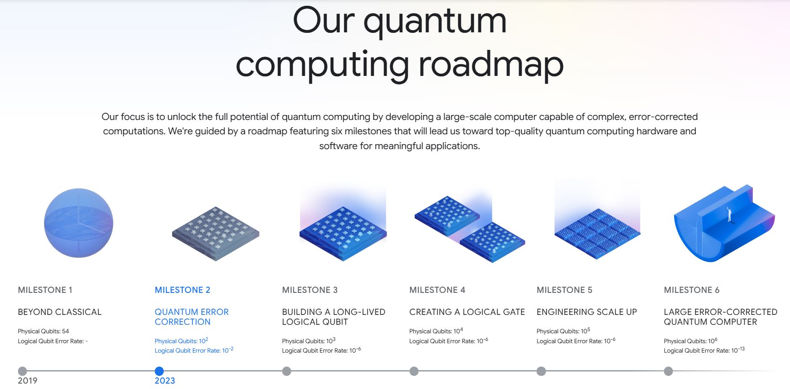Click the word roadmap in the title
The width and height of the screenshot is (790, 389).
click(491, 65)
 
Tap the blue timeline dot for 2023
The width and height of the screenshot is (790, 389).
click(159, 371)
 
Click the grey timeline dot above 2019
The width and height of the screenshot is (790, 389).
click(22, 371)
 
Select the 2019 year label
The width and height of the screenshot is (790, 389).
click(27, 381)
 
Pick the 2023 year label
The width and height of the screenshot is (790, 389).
click(165, 381)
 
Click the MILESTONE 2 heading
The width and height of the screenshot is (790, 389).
click(182, 290)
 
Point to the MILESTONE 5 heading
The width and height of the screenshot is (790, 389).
click(564, 290)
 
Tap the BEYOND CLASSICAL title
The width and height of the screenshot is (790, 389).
click(60, 312)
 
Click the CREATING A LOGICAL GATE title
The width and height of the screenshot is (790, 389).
click(467, 312)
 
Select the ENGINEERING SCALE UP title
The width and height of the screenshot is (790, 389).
click(587, 312)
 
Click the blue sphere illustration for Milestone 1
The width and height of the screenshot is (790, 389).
click(79, 223)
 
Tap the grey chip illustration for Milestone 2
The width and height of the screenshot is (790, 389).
click(216, 234)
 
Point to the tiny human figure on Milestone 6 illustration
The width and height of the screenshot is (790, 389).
click(729, 214)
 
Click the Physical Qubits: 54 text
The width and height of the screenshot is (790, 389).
click(44, 332)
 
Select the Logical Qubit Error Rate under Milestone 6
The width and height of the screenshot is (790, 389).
click(704, 350)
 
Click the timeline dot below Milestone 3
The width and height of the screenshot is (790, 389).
click(287, 371)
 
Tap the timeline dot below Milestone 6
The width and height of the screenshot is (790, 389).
click(668, 371)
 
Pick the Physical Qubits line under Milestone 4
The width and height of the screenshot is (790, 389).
click(436, 332)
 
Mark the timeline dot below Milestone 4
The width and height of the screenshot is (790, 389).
click(414, 371)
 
